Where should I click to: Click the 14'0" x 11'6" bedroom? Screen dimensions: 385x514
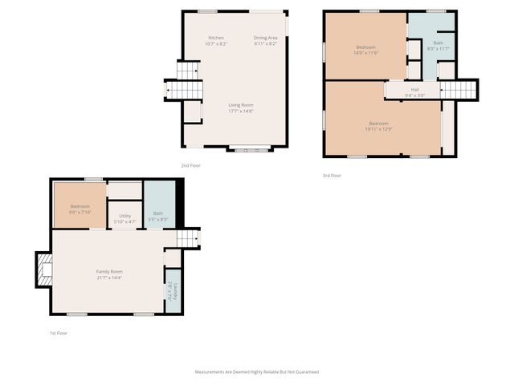coord(366,50)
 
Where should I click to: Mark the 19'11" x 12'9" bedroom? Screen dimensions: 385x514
coord(378,126)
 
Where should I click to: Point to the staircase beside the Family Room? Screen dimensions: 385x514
coord(186,238)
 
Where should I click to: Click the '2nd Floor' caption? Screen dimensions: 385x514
coord(190,165)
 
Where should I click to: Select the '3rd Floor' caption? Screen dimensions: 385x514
coord(332,175)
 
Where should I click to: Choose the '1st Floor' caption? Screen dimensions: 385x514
coord(59,331)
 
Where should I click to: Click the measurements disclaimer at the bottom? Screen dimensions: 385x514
coord(257,372)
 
